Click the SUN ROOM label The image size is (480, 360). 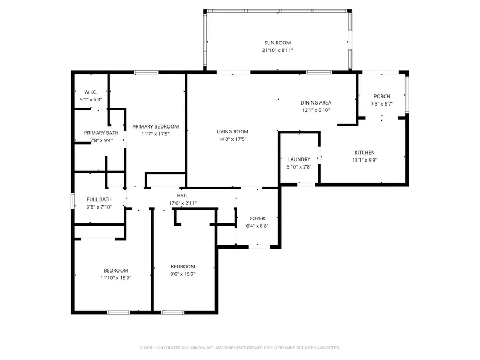(x=277, y=43)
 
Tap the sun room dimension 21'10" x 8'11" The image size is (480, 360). (x=277, y=50)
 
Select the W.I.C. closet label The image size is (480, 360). (x=91, y=92)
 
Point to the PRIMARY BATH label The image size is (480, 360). (x=101, y=133)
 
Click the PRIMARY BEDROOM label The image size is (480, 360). (x=156, y=126)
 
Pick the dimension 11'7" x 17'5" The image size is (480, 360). (x=156, y=134)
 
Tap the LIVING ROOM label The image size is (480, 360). (x=232, y=131)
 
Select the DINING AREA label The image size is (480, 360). (x=316, y=103)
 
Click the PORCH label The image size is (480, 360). (x=381, y=97)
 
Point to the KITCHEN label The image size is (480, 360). (x=365, y=153)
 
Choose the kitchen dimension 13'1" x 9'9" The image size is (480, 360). (x=365, y=160)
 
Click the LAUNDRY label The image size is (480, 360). (x=299, y=159)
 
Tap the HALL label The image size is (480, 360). (x=183, y=196)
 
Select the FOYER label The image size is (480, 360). (x=257, y=218)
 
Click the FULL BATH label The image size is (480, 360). (x=99, y=199)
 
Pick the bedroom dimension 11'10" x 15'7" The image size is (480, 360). (x=116, y=278)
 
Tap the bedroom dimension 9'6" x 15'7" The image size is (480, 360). (x=183, y=274)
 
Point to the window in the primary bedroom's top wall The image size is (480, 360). (x=146, y=73)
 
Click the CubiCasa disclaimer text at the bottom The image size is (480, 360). (x=239, y=348)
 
